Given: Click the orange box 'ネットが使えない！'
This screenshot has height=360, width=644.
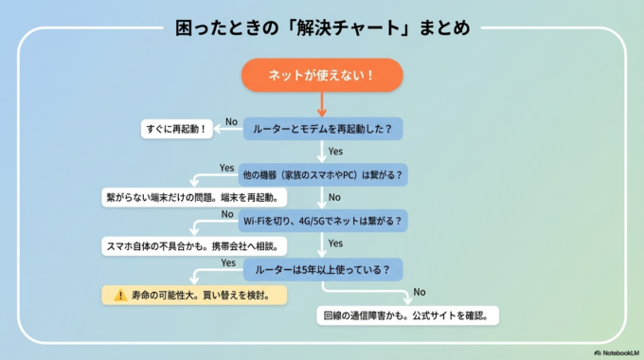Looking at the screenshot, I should tap(322, 75).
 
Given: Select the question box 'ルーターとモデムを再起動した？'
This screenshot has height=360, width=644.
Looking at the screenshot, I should tap(322, 127).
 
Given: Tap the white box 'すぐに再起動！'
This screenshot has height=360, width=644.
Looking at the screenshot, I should tap(176, 127).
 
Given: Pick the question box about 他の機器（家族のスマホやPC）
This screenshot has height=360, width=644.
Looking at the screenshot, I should tap(322, 175).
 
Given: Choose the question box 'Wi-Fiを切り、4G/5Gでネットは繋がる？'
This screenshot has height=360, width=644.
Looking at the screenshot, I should tap(322, 221).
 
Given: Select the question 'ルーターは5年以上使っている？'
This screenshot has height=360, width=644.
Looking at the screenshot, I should tap(322, 269).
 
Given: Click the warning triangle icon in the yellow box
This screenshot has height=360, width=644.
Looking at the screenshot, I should tap(119, 295).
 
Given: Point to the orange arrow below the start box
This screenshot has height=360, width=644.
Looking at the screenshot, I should tap(322, 102).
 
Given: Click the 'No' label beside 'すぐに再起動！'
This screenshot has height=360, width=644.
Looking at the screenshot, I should tap(231, 120).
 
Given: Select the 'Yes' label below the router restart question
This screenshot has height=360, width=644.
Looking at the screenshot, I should tap(334, 151).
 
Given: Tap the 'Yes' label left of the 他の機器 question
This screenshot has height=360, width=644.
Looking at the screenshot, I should tap(227, 168).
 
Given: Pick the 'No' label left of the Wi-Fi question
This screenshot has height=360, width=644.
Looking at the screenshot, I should tap(227, 214).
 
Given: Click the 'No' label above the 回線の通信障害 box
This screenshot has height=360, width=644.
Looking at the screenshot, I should tap(420, 292).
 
